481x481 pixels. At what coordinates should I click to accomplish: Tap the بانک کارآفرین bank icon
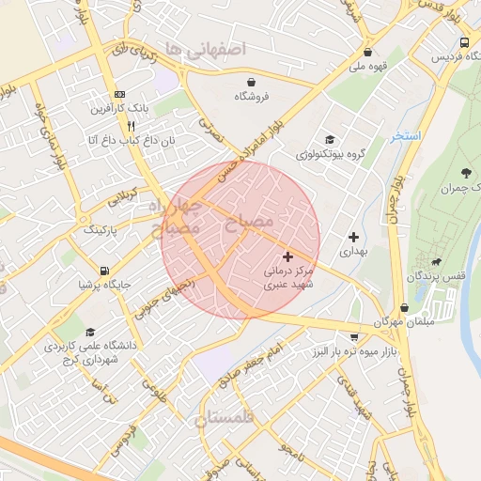pos(119,95)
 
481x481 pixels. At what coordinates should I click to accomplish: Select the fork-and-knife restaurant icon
pos(132,125)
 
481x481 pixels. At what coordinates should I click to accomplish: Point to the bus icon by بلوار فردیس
pos(465,42)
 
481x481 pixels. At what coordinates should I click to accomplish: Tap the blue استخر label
pos(407,137)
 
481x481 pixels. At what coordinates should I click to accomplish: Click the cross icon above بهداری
pos(353,237)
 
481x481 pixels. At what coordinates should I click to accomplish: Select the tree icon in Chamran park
pos(467,173)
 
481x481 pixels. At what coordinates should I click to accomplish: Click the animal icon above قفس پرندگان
pos(435,261)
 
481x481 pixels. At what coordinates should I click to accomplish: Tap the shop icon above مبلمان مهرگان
pos(404,307)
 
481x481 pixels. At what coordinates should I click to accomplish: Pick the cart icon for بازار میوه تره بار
pos(353,336)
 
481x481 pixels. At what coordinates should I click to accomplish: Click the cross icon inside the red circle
pos(287,256)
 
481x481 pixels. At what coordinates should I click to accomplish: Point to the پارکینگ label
pos(103,229)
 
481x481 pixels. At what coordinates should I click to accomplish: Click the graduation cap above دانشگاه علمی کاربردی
pos(90,332)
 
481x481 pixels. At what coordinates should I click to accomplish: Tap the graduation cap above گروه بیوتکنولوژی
pos(328,139)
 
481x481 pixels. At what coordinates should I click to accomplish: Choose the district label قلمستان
pos(225,420)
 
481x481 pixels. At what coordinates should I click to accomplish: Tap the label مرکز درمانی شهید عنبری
pos(287,276)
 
